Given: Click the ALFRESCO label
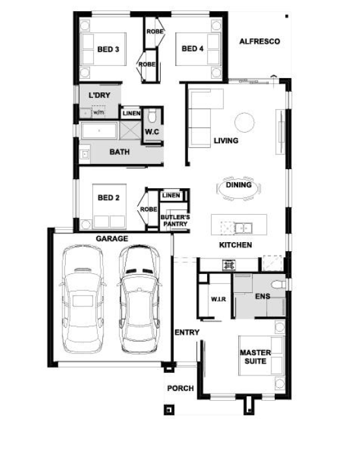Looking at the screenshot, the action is coord(260,42).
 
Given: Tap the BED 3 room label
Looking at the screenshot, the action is coord(108,49).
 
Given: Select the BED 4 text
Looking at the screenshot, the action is coord(193,49).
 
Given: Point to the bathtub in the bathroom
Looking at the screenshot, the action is coord(99,131).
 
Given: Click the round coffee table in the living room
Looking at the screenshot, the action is coord(244,122).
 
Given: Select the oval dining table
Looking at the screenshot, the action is coord(238,188).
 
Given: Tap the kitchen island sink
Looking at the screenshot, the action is coord(243,228).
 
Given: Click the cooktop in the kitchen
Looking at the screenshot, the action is coord(228,265).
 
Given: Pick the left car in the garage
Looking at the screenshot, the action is coord(83,299).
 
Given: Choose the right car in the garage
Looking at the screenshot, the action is coord(139,299).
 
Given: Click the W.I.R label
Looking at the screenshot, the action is coord(219,299).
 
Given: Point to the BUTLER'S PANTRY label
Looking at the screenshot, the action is coord(175,221).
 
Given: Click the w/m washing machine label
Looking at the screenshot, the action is coord(98,113).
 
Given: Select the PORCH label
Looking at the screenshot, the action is coord(180,389).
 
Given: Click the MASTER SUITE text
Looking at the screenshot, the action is coord(255,357).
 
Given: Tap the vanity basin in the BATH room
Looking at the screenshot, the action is coord(85,154).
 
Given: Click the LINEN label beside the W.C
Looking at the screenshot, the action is coord(132,113).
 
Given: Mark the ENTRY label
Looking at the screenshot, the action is coord(187,333).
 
